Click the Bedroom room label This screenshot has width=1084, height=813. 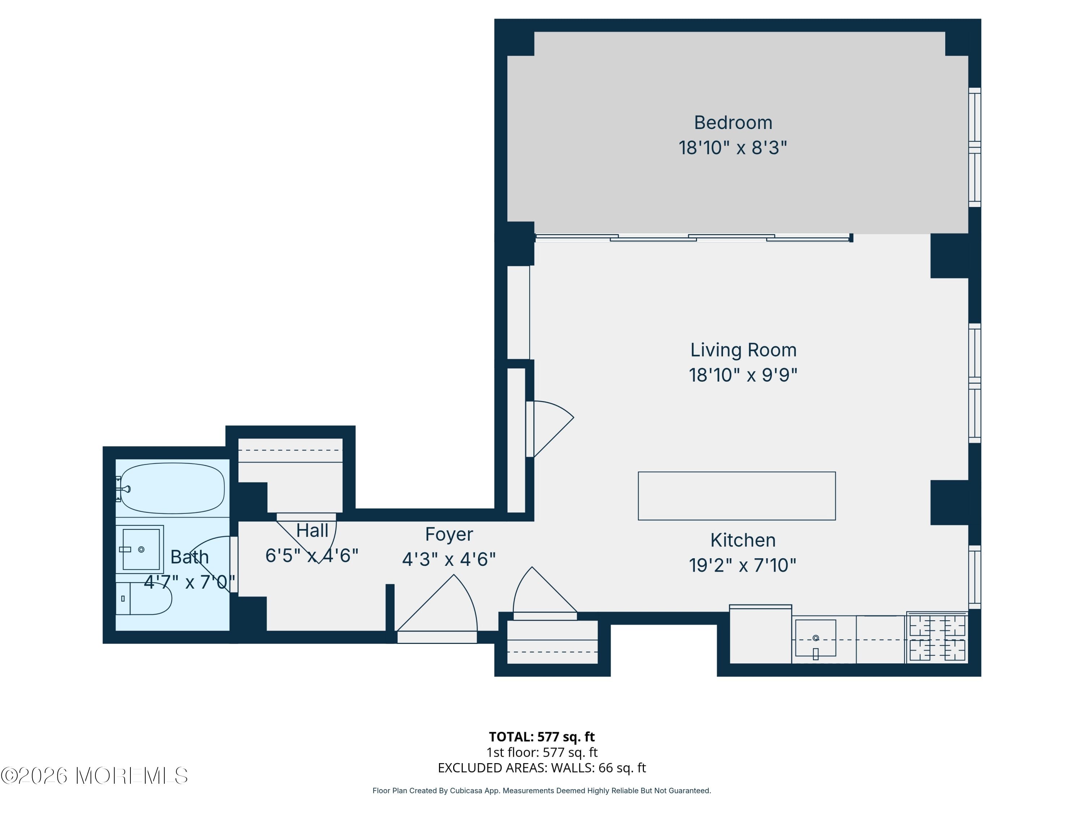click(x=733, y=122)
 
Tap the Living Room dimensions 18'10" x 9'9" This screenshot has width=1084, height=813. click(x=743, y=375)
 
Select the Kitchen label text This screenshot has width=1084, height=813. click(x=743, y=540)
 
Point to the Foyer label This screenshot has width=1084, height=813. click(x=449, y=534)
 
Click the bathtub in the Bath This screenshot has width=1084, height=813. click(x=172, y=488)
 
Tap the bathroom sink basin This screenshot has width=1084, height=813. click(x=141, y=549)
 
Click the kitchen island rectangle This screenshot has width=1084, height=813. click(x=736, y=496)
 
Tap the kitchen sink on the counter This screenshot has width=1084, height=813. click(x=816, y=638)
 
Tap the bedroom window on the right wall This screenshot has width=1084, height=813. click(x=975, y=147)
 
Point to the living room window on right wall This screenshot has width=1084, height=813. click(x=975, y=383)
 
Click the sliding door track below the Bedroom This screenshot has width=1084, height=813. click(x=693, y=238)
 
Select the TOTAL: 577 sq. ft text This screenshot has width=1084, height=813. click(x=542, y=736)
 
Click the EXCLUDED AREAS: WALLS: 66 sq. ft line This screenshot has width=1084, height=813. click(x=542, y=768)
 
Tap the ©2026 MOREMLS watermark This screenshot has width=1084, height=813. click(x=94, y=776)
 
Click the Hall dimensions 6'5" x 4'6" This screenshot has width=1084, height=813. click(x=312, y=556)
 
